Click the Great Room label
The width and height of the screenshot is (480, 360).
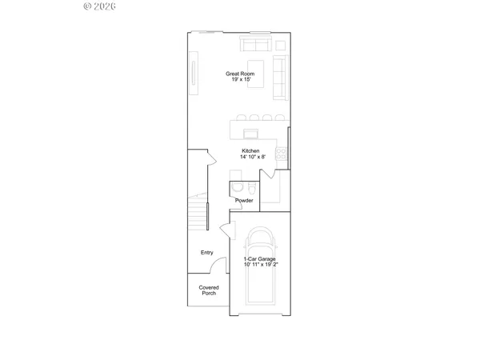pyautogui.click(x=241, y=74)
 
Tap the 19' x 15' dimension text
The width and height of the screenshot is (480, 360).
pyautogui.click(x=241, y=81)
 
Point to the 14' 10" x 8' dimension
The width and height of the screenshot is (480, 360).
pyautogui.click(x=251, y=158)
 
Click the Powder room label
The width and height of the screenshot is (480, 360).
pyautogui.click(x=244, y=200)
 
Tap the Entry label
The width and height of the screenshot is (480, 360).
pyautogui.click(x=207, y=253)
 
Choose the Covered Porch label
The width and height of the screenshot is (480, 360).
pyautogui.click(x=208, y=290)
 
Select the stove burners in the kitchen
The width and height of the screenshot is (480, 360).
pyautogui.click(x=281, y=153)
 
